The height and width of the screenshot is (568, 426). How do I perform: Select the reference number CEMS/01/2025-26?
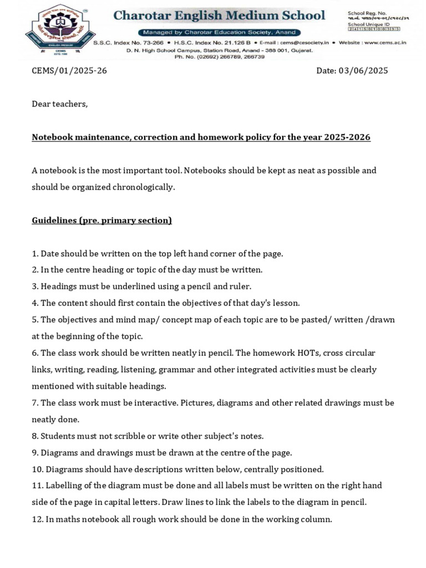69,71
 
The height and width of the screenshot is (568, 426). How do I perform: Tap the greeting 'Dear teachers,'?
60,104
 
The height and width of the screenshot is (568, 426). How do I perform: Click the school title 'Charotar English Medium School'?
220,16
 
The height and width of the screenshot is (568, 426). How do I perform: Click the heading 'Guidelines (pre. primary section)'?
102,220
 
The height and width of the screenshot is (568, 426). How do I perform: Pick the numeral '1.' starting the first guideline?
35,253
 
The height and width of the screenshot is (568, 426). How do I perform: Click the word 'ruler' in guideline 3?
240,286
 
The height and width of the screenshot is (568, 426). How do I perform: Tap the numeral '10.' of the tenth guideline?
37,469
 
